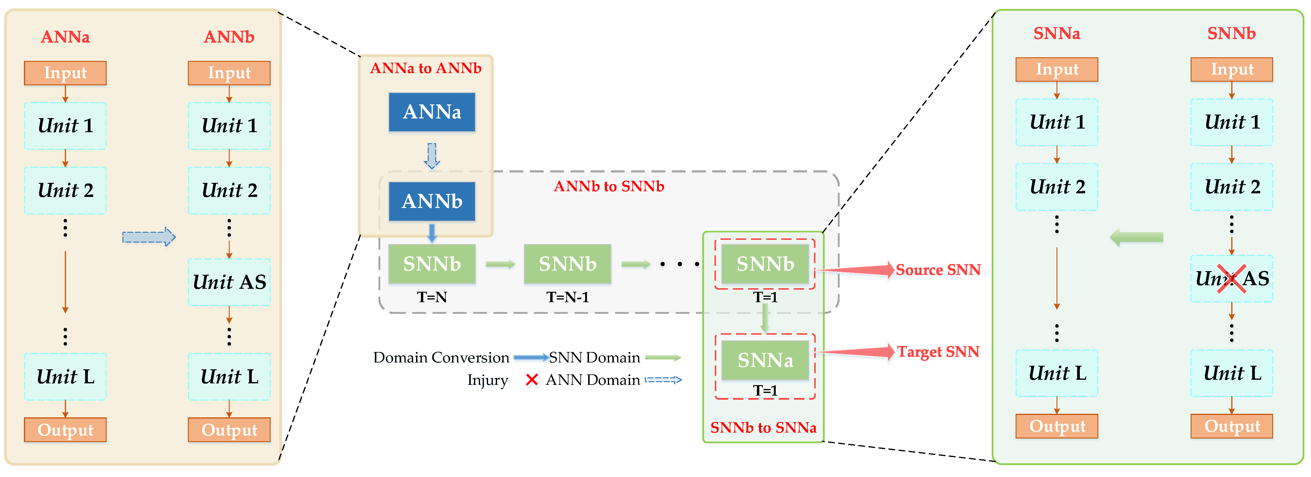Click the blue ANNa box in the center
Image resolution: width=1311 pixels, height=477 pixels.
(x=432, y=112)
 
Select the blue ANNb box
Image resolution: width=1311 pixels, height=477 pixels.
(x=432, y=201)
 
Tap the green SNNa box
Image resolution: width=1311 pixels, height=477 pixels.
(x=765, y=360)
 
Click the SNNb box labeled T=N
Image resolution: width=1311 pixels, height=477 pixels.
(x=432, y=264)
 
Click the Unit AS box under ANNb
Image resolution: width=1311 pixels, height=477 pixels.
(x=229, y=282)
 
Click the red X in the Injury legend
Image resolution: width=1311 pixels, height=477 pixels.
(x=532, y=380)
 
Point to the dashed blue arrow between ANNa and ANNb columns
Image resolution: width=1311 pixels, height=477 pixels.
(x=149, y=237)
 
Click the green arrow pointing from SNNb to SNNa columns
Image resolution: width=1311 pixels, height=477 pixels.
(x=1137, y=237)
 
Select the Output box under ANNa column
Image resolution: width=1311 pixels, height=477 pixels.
(x=65, y=430)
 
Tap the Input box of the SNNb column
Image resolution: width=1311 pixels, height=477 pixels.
(x=1232, y=69)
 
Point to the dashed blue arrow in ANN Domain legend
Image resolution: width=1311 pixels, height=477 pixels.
(x=663, y=380)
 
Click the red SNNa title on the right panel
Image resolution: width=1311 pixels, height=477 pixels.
(x=1057, y=34)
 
